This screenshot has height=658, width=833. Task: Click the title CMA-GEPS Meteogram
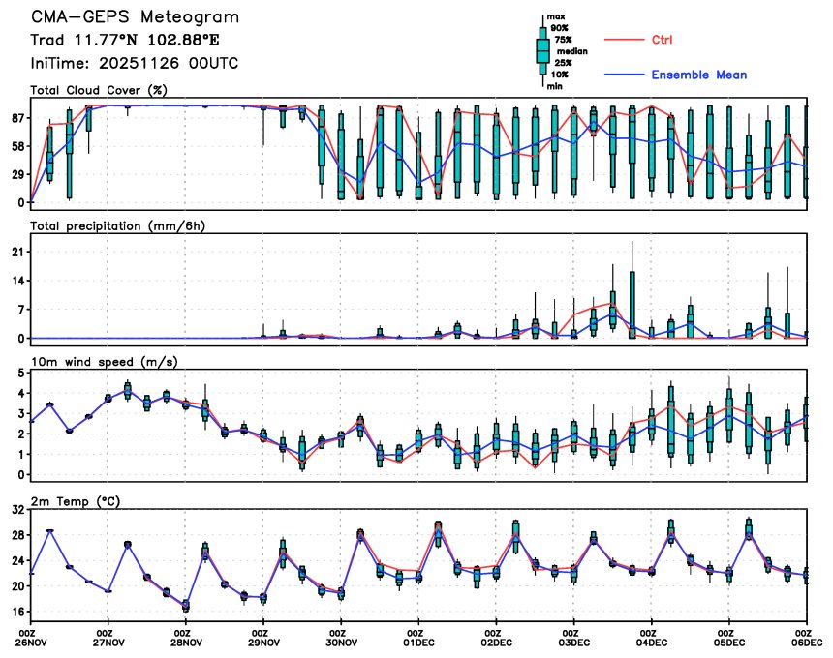tap(135, 17)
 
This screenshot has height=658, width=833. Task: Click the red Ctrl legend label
tap(663, 40)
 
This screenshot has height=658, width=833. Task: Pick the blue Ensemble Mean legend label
tap(698, 75)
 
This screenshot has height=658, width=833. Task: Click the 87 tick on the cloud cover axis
tap(16, 117)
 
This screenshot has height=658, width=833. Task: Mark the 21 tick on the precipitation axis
tap(16, 252)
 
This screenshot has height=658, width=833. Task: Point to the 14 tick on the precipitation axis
tap(16, 281)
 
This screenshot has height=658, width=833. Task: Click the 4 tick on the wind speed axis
tap(20, 393)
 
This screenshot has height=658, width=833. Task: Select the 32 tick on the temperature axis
tap(16, 509)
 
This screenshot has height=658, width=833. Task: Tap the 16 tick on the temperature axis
tap(16, 612)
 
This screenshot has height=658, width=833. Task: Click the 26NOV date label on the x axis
tap(32, 642)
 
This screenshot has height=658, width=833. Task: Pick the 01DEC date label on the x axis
tap(418, 642)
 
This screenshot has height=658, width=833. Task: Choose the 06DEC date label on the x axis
tap(806, 642)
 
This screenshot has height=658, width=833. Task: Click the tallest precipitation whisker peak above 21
tap(632, 242)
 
